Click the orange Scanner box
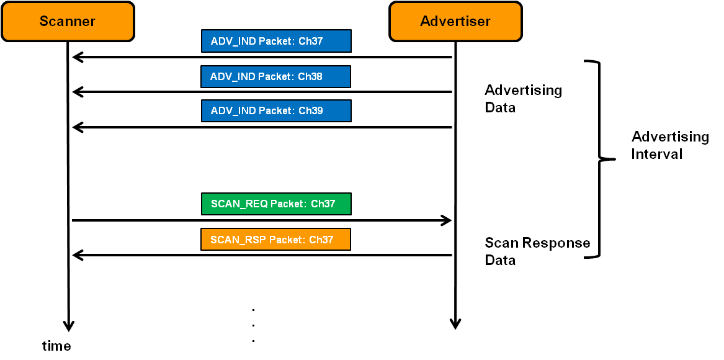pyautogui.click(x=68, y=21)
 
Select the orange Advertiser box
pyautogui.click(x=455, y=21)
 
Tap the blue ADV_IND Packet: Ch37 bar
pyautogui.click(x=276, y=41)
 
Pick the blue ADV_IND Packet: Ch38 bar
pyautogui.click(x=275, y=76)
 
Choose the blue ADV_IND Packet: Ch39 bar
pyautogui.click(x=276, y=110)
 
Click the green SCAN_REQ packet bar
pyautogui.click(x=276, y=204)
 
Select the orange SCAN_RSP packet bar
pyautogui.click(x=275, y=240)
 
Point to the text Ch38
pyautogui.click(x=310, y=76)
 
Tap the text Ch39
pyautogui.click(x=311, y=110)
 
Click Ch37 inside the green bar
pyautogui.click(x=323, y=204)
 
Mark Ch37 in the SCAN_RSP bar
pyautogui.click(x=321, y=240)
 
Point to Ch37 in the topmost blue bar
pyautogui.click(x=311, y=41)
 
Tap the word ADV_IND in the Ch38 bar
pyautogui.click(x=233, y=76)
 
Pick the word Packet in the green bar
pyautogui.click(x=288, y=204)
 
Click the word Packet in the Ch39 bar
pyautogui.click(x=277, y=110)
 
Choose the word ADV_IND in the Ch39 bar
pyautogui.click(x=233, y=110)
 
